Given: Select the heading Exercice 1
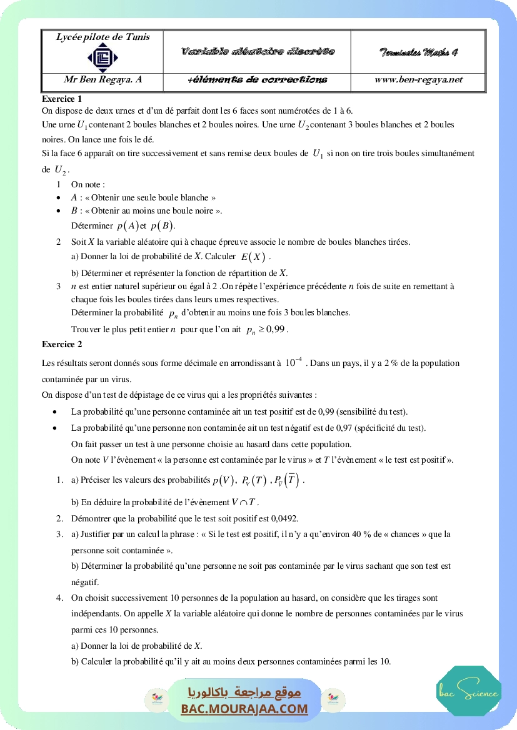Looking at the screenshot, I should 62,99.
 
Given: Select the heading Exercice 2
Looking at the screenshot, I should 62,344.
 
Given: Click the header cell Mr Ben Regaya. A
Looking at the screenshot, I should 103,79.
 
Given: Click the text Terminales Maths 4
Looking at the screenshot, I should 418,52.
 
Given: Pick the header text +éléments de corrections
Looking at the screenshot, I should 257,80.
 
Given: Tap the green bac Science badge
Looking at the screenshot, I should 469,691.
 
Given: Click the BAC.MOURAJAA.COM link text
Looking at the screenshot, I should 244,709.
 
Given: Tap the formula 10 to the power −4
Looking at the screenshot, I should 293,362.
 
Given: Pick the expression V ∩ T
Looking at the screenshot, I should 244,502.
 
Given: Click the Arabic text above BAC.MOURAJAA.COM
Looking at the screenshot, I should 244,693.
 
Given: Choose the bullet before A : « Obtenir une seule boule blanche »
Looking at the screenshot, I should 58,197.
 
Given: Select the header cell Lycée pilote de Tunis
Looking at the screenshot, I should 103,37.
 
